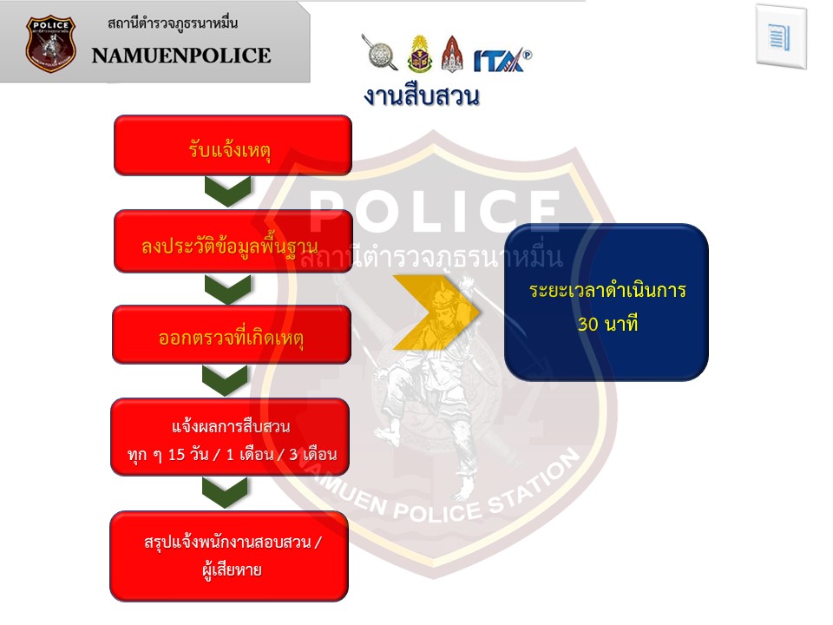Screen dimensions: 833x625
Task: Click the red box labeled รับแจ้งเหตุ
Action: pos(233,145)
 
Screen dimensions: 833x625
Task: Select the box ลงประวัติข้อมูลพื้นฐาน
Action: pos(233,241)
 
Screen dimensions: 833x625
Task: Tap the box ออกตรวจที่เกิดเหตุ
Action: pos(232,334)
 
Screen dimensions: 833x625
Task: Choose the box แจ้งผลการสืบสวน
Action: pos(230,437)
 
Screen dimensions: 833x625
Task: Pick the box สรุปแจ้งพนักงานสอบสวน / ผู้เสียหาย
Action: pos(229,556)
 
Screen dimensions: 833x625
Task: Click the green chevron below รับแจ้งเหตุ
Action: pos(228,192)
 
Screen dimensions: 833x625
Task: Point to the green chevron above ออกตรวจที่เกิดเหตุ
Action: pos(228,289)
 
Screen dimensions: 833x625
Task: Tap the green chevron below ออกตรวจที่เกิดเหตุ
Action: pos(225,381)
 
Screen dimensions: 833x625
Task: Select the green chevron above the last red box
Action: pos(225,492)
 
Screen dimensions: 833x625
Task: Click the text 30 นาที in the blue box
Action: pos(607,324)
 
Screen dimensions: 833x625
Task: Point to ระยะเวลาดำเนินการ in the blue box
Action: pos(607,291)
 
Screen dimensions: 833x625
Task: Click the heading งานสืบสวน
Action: pos(422,96)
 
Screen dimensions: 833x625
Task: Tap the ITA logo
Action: pos(502,60)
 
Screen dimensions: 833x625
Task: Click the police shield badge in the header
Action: pos(50,44)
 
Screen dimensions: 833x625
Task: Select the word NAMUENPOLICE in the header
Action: pos(181,56)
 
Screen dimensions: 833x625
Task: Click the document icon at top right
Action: pos(781,37)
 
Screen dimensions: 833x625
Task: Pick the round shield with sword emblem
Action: pos(380,53)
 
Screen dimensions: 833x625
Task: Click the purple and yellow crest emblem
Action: pos(420,54)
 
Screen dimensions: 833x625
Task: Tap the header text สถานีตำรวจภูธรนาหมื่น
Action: pos(173,23)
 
